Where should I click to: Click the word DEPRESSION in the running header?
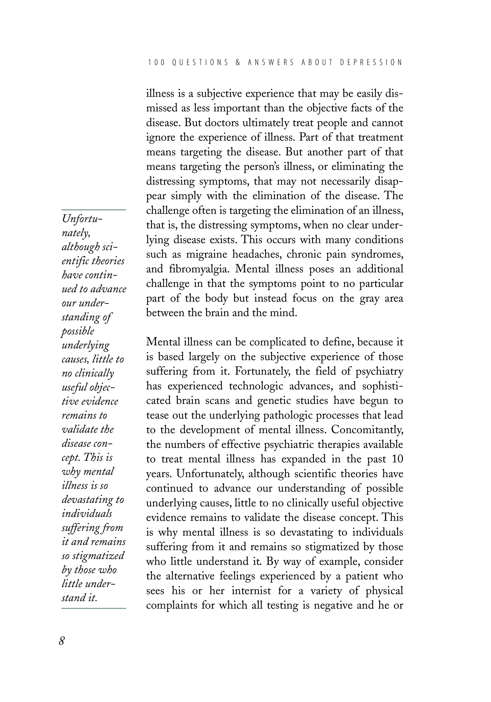coord(371,62)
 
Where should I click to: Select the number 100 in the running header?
coord(156,62)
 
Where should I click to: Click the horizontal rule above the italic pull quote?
coord(94,210)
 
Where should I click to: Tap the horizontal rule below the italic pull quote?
coord(94,608)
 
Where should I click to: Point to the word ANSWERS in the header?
coord(271,62)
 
